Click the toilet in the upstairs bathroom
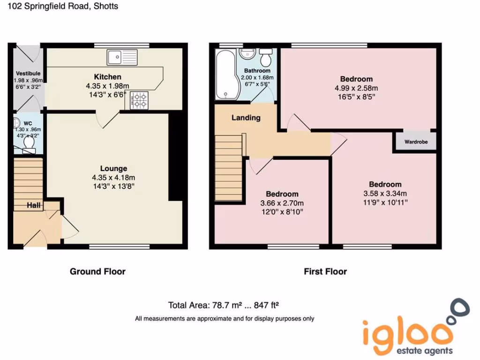tap(267, 58)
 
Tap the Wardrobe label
tap(416, 142)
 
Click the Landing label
tap(246, 118)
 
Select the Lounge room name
tap(113, 168)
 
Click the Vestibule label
tap(28, 74)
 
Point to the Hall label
tap(33, 205)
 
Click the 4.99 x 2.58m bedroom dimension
tap(356, 88)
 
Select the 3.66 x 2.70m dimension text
tap(282, 203)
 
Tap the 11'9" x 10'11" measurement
tap(385, 202)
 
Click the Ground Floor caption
tap(97, 271)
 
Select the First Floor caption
tap(325, 271)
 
